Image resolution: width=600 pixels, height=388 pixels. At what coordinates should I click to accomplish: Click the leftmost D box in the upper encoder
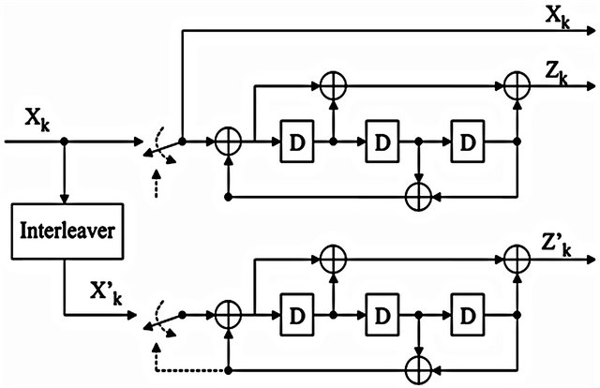296,142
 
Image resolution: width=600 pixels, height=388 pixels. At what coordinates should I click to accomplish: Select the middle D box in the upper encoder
382,142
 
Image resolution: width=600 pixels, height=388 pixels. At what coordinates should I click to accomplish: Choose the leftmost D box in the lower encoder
296,313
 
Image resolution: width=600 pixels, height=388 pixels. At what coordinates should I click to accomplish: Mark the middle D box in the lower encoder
382,313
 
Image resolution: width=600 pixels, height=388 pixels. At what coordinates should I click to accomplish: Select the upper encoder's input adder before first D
227,142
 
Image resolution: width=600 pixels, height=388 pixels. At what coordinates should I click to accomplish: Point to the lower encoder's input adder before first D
227,313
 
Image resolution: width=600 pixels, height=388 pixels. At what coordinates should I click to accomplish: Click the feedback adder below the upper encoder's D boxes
417,198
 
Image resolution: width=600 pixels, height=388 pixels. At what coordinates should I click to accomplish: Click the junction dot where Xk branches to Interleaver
63,142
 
